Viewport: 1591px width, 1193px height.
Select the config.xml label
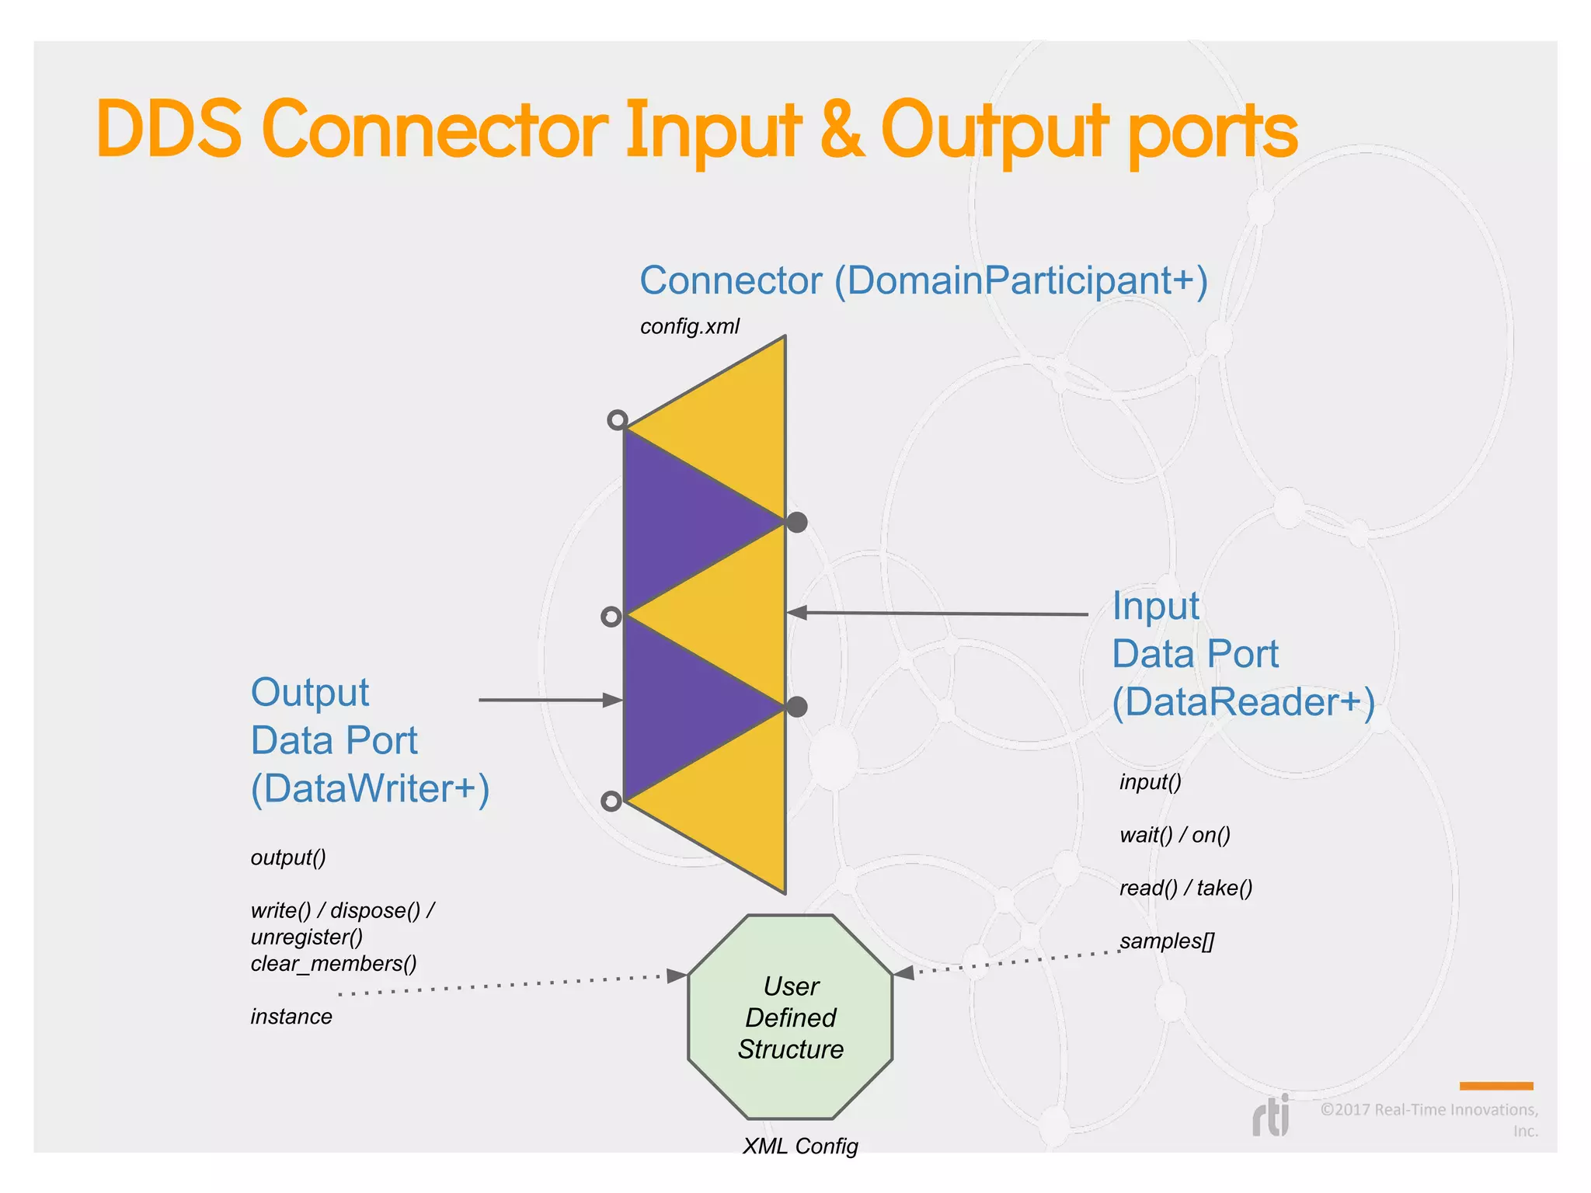coord(689,326)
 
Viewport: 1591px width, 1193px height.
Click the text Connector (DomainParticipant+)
coord(923,280)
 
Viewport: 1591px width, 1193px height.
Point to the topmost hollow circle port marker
coord(617,420)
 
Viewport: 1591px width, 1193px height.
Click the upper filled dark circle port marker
coord(797,522)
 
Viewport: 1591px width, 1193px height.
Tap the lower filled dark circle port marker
coord(797,707)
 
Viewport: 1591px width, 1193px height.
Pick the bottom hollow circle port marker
coord(611,801)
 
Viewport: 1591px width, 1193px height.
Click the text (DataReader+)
coord(1243,702)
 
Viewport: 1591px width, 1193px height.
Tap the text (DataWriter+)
coord(370,788)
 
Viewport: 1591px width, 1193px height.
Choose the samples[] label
coord(1166,941)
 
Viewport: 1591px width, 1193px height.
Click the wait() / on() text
coord(1175,835)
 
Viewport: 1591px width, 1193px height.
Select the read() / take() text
coord(1185,888)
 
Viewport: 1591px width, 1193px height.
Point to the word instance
coord(291,1017)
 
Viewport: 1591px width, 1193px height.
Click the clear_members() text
coord(333,964)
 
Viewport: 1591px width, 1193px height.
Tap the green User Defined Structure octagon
coord(790,1017)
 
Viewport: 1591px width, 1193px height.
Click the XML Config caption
coord(800,1146)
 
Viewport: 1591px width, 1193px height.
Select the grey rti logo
coord(1271,1116)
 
